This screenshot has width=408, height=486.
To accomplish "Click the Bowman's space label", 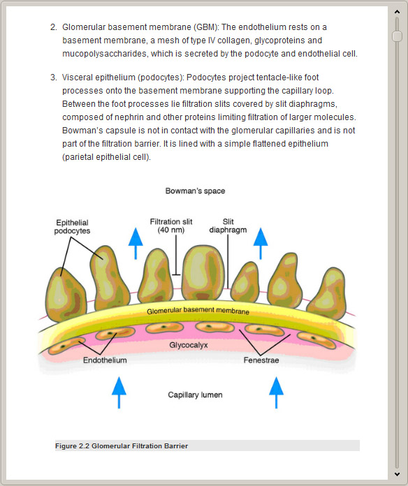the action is tap(195, 191).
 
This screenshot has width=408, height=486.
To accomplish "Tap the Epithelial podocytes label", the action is tap(72, 226).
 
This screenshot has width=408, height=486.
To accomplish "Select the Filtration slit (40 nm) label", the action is tap(171, 226).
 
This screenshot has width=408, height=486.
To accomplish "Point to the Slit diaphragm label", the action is tap(228, 226).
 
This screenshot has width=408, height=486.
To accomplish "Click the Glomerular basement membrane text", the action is tap(198, 311).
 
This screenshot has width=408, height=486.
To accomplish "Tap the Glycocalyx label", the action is tap(189, 345).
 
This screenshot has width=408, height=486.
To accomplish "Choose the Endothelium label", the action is tap(105, 360).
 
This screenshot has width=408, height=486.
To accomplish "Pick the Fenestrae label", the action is tap(261, 360).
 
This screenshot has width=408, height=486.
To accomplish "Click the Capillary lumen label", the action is tap(195, 395).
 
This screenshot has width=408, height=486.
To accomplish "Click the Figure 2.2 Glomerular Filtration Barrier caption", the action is tap(122, 446).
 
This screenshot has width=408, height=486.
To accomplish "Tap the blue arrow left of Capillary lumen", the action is tap(119, 392).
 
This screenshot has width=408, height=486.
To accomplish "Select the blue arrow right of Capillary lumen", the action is tap(276, 392).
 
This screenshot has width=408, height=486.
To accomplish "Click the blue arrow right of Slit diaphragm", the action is tap(261, 244).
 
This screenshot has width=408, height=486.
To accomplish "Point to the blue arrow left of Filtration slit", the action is tap(136, 244).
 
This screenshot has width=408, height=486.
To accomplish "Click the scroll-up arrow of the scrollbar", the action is tap(397, 12).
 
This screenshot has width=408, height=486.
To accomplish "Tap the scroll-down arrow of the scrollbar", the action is tap(397, 474).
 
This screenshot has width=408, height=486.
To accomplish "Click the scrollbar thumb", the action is tap(397, 36).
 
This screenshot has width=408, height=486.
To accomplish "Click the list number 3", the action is tap(54, 78).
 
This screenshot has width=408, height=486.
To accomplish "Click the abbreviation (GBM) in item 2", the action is tap(206, 27).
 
